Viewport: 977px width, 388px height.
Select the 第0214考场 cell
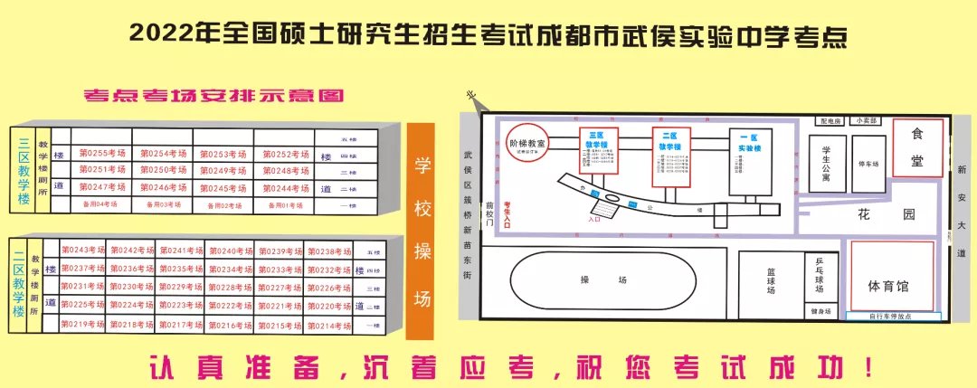328,325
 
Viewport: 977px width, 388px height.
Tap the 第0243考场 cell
82,251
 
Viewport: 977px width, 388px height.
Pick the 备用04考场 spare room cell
102,204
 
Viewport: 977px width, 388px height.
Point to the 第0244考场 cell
283,188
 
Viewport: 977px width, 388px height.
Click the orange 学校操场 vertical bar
422,232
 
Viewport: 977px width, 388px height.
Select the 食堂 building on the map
917,147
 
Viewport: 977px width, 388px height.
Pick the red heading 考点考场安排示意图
213,94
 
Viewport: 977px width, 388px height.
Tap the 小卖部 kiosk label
867,120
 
